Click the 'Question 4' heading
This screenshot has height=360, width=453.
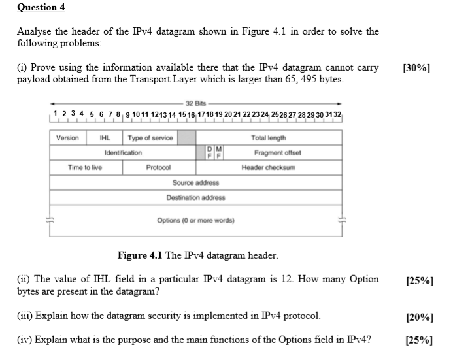[41, 8]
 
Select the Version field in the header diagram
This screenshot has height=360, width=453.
[67, 138]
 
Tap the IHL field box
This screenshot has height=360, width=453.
[104, 138]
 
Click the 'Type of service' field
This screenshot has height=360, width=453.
[150, 138]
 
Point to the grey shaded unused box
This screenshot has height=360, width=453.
[187, 138]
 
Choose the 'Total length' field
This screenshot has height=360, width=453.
[268, 138]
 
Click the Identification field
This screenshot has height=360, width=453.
[123, 153]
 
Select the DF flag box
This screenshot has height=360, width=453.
[209, 153]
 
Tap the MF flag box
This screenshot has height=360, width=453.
[219, 153]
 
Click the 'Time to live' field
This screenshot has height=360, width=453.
[85, 167]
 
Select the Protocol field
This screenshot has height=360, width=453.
[158, 167]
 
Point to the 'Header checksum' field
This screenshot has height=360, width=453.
[268, 167]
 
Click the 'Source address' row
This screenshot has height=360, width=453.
[195, 182]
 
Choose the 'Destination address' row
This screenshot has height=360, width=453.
[195, 197]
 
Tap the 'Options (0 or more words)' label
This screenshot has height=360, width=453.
[195, 220]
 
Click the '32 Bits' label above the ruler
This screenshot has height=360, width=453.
[195, 104]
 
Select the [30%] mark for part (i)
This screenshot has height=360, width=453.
[417, 68]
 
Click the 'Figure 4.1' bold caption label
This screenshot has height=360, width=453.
[141, 255]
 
